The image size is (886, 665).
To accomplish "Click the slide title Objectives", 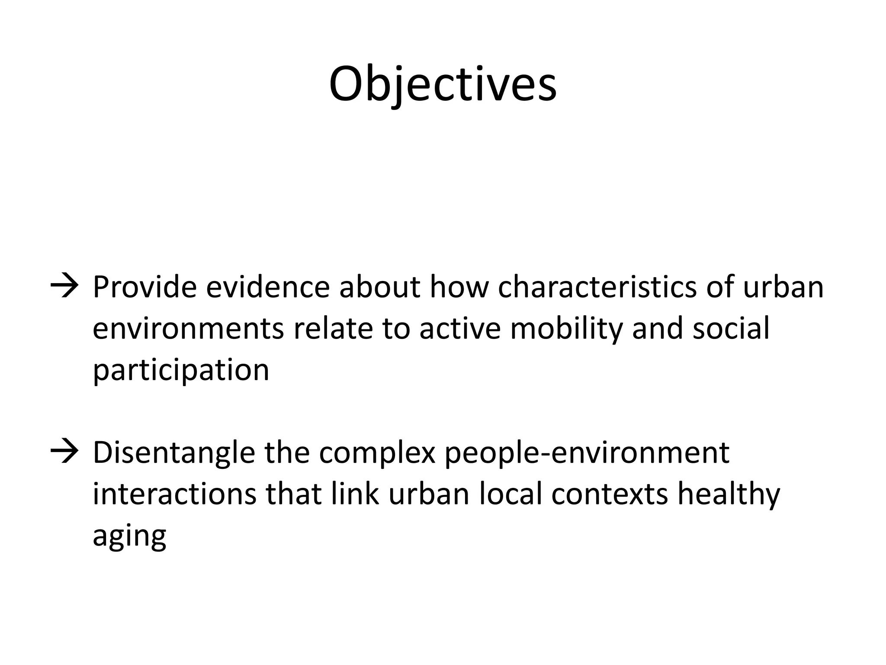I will point(443,84).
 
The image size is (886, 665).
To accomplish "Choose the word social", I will point(731,328).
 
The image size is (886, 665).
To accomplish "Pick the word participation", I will point(181,371).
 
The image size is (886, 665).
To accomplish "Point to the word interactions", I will point(174,494).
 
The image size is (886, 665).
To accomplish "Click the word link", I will point(355,494).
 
